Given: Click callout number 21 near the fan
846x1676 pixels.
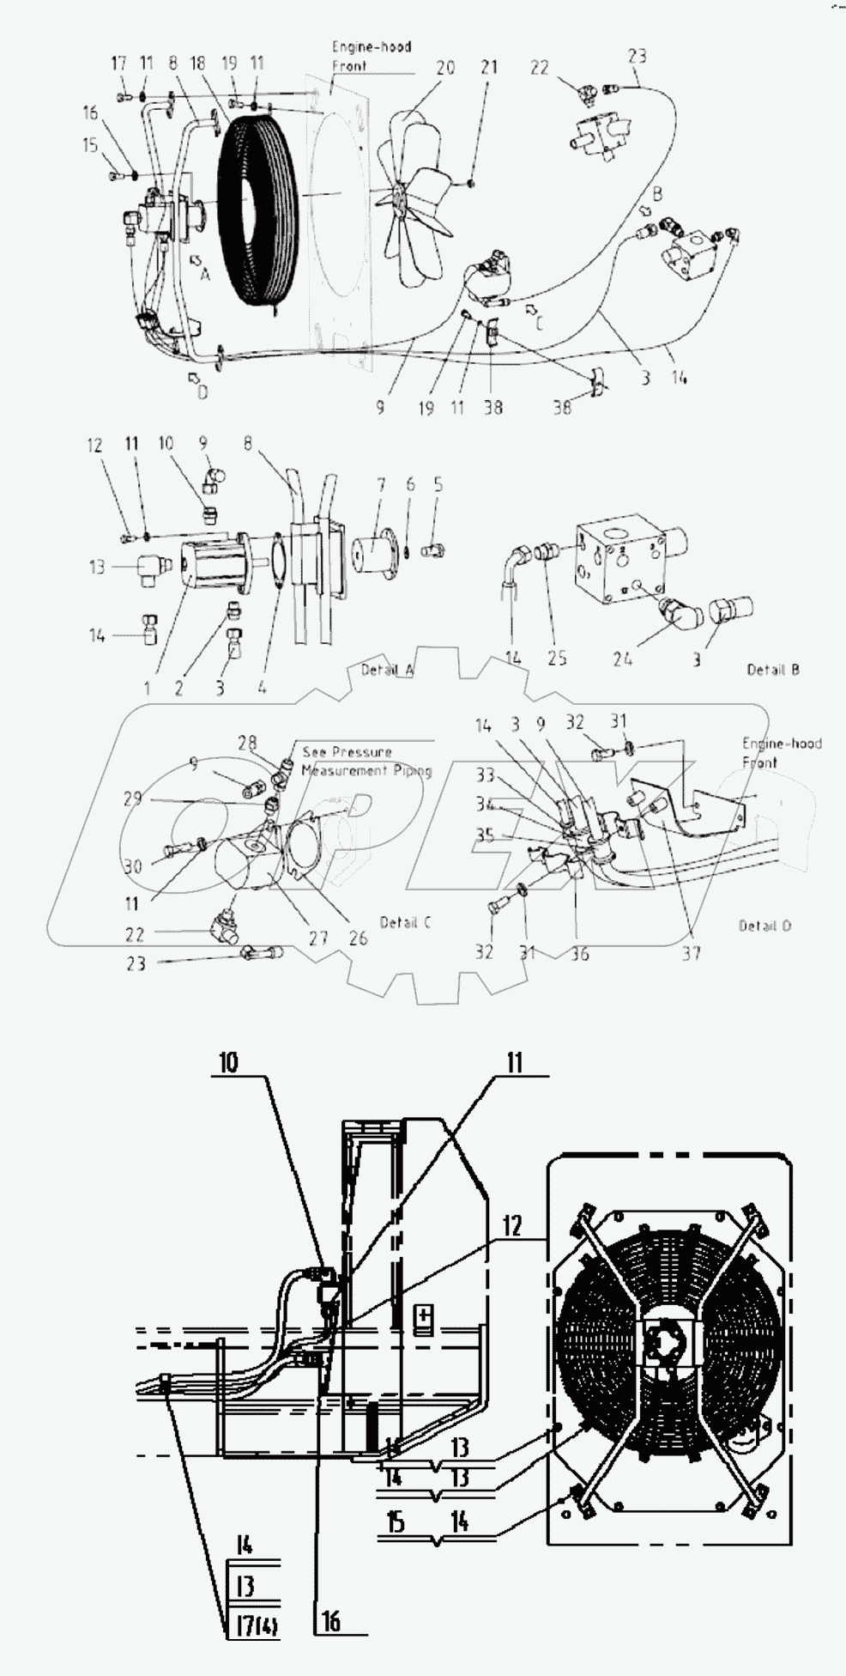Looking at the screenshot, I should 488,67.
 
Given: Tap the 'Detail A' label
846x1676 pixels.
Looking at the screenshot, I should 387,669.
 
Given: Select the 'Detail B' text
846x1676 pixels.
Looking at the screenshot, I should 772,669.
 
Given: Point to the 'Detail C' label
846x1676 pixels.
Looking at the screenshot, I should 404,922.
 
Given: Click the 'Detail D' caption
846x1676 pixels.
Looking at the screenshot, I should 764,925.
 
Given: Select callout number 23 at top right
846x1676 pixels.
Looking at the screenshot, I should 637,57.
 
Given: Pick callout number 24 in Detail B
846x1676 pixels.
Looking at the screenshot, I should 622,659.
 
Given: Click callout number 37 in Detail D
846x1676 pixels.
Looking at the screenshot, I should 691,952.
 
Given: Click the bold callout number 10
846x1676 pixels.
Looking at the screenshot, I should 228,1062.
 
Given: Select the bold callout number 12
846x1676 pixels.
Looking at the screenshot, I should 511,1226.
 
